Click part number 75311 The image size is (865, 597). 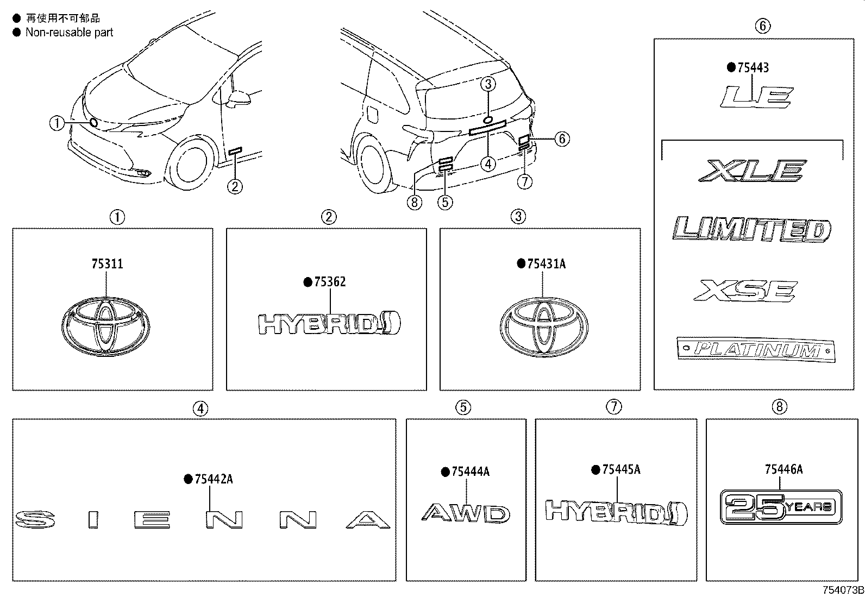pos(107,264)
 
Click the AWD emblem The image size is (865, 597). pos(466,513)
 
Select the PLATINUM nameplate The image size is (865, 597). pos(756,349)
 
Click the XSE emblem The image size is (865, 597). pos(745,290)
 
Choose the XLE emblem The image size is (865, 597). pos(751,171)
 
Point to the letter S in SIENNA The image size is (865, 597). pos(34,519)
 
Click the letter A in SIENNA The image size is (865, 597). pos(368,520)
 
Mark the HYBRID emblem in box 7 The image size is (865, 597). pos(616,512)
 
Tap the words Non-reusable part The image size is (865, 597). pos(69,33)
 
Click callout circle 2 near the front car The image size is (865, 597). pos(235,187)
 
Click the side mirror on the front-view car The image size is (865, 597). pos(240,99)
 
